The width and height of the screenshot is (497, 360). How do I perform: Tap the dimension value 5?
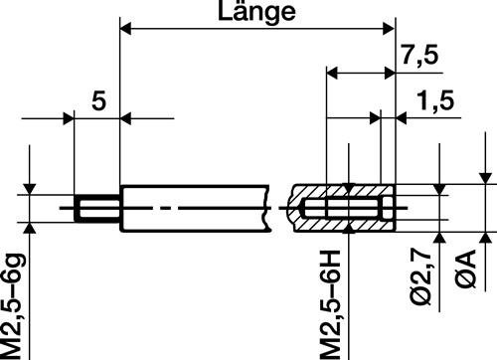pyautogui.click(x=96, y=99)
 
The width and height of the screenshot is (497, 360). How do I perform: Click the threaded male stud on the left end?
pyautogui.click(x=97, y=210)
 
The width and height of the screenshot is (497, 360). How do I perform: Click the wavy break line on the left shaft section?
pyautogui.click(x=268, y=210)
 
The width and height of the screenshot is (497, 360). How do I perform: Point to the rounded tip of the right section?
pyautogui.click(x=296, y=210)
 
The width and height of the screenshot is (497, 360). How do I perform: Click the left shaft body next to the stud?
pyautogui.click(x=189, y=210)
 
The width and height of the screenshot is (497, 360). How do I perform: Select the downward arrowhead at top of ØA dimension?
pyautogui.click(x=484, y=181)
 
